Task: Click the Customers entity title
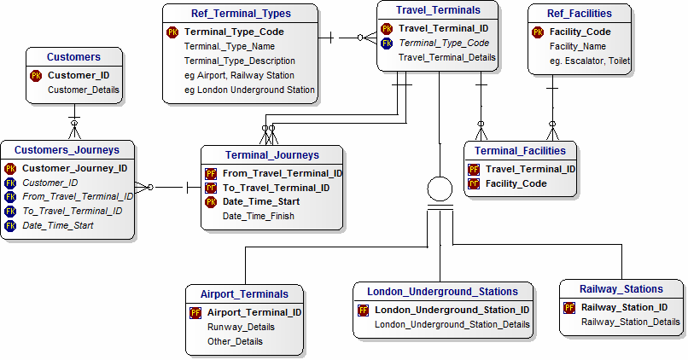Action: (x=73, y=57)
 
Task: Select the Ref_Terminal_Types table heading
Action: (x=240, y=14)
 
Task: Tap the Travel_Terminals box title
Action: (x=438, y=10)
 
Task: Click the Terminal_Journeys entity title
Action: (x=272, y=155)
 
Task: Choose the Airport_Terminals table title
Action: (x=245, y=293)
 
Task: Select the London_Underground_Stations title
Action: (x=443, y=290)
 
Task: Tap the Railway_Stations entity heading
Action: (x=621, y=289)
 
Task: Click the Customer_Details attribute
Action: (x=84, y=90)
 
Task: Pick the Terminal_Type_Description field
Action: (x=240, y=61)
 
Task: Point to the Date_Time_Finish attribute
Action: (x=259, y=217)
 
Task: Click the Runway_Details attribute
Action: (x=241, y=327)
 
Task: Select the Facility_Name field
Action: (x=578, y=47)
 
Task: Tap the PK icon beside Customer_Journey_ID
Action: (x=10, y=168)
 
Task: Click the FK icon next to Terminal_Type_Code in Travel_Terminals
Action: (x=387, y=43)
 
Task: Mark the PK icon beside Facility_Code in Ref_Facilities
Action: (x=538, y=32)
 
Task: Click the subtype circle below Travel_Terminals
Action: (x=440, y=189)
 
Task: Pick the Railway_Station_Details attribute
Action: (x=631, y=322)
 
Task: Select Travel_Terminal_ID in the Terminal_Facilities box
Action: (x=530, y=169)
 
